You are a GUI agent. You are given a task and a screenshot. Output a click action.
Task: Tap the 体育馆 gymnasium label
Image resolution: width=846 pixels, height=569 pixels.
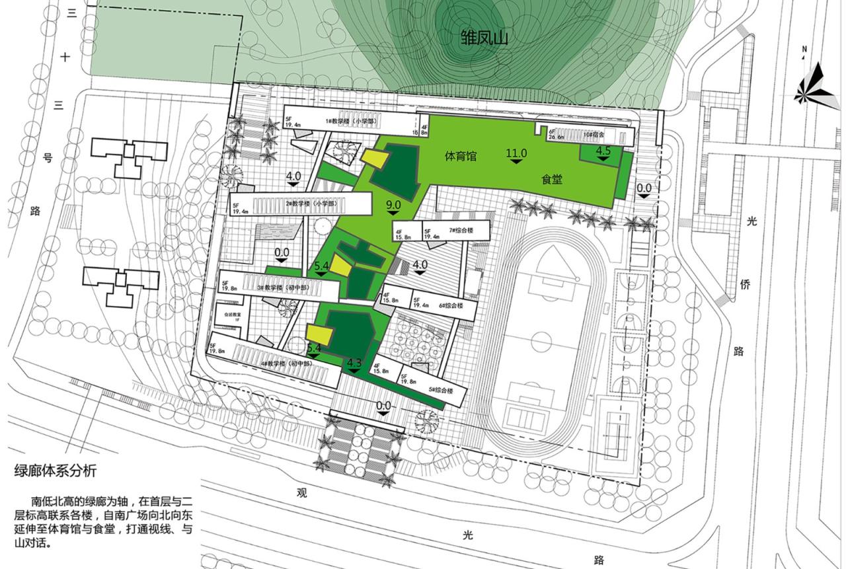pos(461,157)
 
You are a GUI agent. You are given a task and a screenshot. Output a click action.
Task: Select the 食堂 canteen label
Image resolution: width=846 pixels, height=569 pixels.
pos(552,178)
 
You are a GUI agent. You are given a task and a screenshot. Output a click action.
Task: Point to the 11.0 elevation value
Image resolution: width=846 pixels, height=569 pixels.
pos(516,153)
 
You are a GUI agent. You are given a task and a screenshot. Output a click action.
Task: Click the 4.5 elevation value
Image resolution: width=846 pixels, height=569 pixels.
pos(603,151)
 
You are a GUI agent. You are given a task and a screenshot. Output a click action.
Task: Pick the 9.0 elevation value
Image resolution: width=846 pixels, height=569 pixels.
pos(393,206)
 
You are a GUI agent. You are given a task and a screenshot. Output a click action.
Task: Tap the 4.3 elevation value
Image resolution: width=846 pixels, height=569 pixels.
pos(354,362)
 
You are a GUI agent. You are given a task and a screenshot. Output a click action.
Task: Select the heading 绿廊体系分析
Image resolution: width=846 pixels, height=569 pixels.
pos(56,471)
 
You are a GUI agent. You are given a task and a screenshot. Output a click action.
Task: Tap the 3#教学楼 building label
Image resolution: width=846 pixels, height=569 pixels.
pos(279,287)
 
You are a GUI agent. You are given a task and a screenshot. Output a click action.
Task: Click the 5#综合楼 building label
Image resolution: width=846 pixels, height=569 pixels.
pos(442,391)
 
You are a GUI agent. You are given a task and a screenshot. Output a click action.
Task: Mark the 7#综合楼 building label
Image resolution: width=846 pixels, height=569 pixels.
pos(463,230)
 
